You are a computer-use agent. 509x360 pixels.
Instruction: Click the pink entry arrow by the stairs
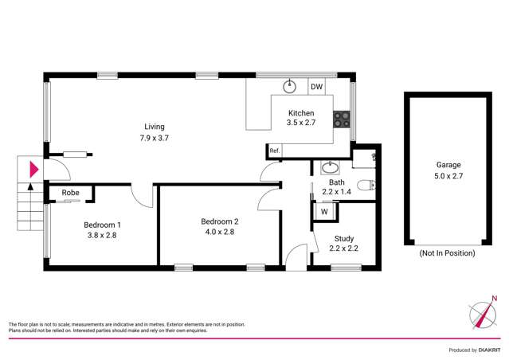click(33, 169)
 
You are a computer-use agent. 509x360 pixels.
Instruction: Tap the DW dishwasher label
click(316, 87)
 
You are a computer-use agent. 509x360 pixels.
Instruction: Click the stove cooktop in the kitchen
click(343, 119)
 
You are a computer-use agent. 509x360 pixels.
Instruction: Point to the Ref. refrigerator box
click(275, 151)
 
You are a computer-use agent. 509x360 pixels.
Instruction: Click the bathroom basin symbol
click(329, 167)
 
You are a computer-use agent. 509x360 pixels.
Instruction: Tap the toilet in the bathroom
click(366, 186)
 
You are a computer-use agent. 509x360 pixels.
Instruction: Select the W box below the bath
click(325, 211)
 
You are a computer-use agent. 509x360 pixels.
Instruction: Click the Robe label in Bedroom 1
click(69, 193)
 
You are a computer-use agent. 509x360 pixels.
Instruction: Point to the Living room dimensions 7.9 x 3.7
click(154, 138)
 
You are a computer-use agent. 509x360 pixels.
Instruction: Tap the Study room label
click(344, 237)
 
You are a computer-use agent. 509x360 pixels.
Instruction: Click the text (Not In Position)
click(446, 252)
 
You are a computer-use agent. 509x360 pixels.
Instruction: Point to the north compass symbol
click(483, 313)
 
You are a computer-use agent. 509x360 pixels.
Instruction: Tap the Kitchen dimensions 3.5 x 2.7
click(306, 124)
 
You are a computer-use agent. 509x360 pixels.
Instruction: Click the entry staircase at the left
click(29, 205)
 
